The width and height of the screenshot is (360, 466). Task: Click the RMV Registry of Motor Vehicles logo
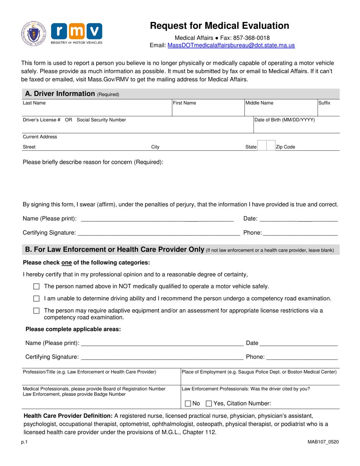(x=76, y=34)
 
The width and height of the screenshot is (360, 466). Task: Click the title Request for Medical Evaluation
(x=220, y=26)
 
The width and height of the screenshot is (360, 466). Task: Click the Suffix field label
(x=324, y=103)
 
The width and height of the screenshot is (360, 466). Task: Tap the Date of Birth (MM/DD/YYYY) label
(x=285, y=120)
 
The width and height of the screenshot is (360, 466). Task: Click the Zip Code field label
(x=285, y=147)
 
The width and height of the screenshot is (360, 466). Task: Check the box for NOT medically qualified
(x=36, y=286)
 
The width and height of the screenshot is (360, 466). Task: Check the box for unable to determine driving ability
(x=36, y=299)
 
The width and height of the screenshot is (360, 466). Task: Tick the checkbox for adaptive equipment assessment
(x=36, y=311)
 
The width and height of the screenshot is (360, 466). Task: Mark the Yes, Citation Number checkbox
(x=208, y=403)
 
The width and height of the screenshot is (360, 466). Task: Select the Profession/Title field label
(x=89, y=372)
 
